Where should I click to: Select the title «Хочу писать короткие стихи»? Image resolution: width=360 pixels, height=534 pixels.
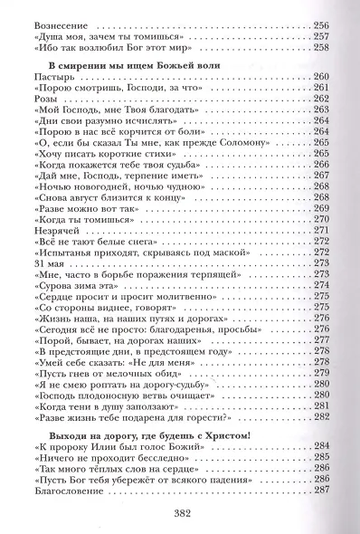90,157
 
